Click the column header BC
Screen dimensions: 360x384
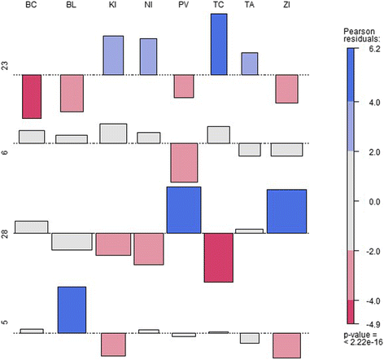point(31,7)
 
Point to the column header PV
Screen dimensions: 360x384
point(183,7)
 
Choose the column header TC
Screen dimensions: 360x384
point(218,7)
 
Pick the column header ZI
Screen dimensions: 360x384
point(286,7)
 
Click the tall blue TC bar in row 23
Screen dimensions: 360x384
point(219,44)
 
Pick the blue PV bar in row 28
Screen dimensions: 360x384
point(184,210)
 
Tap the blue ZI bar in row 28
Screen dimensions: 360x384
point(286,212)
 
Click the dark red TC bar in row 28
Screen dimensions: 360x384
point(219,257)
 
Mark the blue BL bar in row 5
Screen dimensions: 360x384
point(72,310)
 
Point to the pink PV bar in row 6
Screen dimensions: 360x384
point(184,163)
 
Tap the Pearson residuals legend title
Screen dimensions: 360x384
point(360,33)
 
